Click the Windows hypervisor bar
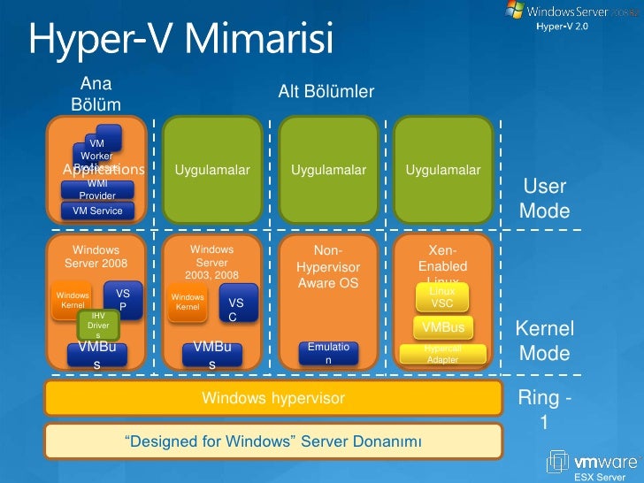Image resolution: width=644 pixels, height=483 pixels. [273, 399]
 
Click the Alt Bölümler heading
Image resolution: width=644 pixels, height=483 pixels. [326, 92]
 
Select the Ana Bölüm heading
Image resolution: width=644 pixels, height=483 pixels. [96, 95]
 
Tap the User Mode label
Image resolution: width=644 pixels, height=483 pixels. [544, 199]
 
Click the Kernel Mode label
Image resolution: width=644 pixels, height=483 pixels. [544, 341]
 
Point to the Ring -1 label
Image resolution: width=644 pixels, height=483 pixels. [544, 410]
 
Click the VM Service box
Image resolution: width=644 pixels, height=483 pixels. [97, 211]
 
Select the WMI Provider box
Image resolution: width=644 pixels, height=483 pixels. [97, 189]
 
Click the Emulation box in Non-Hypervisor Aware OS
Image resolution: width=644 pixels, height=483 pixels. [328, 354]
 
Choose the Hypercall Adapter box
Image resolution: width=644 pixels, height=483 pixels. [442, 355]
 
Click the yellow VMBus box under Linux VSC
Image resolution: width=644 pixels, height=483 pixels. [443, 327]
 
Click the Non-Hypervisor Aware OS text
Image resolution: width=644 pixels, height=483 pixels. [328, 266]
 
